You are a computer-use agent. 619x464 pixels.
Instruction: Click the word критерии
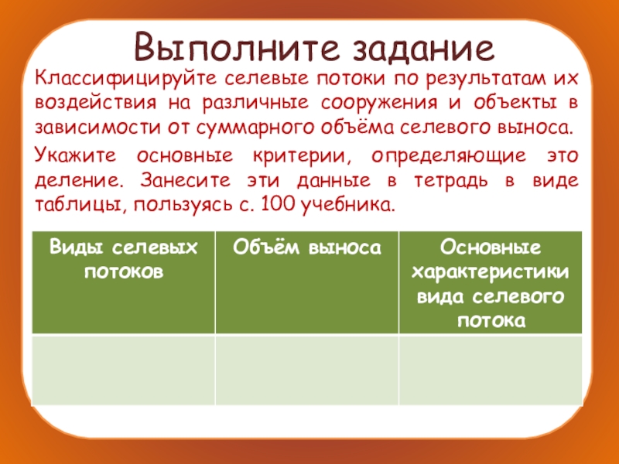pyautogui.click(x=298, y=156)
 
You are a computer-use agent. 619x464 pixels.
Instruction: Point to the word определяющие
pyautogui.click(x=441, y=156)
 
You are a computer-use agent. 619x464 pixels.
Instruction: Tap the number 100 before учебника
pyautogui.click(x=278, y=203)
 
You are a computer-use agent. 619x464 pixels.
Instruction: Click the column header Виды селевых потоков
pyautogui.click(x=123, y=259)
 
